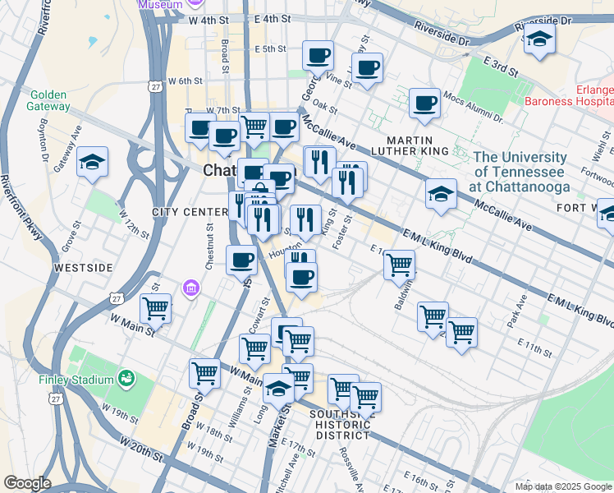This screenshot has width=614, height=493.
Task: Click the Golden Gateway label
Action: point(48,99)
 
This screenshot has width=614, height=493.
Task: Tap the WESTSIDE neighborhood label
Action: point(82,268)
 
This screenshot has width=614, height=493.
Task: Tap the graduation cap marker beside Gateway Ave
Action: point(92,162)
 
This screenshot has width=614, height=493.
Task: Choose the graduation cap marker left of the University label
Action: point(441,195)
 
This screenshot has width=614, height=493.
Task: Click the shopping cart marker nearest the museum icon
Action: point(155,308)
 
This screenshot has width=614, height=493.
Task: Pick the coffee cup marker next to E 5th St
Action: point(318,55)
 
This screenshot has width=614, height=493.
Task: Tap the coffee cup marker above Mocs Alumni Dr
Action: point(424,103)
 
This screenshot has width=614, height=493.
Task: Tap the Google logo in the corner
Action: point(27,483)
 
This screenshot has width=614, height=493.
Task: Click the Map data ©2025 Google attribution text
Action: point(563,486)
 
